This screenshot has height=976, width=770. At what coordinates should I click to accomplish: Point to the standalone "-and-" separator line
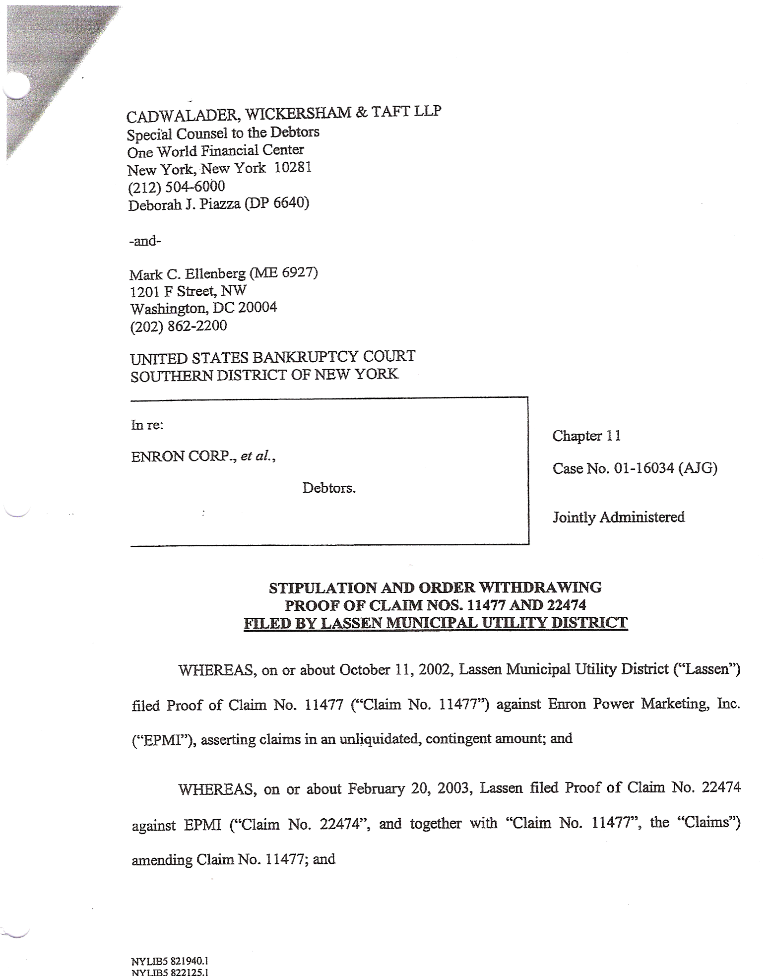tap(145, 241)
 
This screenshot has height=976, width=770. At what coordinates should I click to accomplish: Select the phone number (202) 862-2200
tap(179, 326)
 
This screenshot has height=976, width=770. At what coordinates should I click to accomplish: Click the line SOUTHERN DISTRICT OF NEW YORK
tap(264, 375)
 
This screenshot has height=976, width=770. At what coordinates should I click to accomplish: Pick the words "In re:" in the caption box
tap(147, 425)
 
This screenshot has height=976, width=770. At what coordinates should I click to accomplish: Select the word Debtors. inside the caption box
tap(329, 488)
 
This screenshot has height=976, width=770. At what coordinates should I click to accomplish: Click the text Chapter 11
tap(586, 436)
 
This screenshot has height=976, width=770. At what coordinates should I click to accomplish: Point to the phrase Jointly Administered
tap(618, 517)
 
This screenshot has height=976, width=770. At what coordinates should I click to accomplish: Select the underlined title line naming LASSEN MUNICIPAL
tap(435, 623)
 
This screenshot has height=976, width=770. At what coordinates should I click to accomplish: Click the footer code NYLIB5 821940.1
tap(169, 961)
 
